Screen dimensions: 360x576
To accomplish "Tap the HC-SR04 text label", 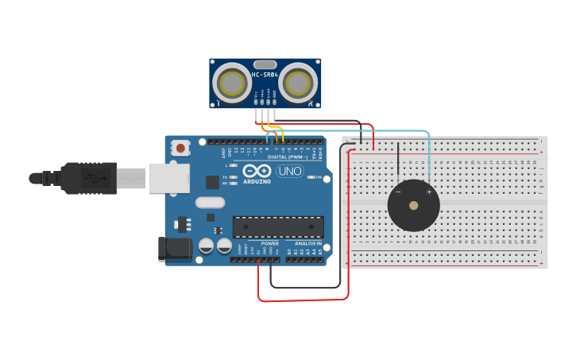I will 265,75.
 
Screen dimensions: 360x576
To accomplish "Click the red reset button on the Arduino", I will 181,147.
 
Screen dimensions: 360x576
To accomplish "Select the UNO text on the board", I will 290,171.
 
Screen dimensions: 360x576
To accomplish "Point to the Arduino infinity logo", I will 257,171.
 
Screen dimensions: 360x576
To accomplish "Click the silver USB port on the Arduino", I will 168,178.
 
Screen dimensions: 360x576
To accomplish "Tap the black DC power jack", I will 174,249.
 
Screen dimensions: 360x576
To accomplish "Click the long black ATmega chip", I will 278,226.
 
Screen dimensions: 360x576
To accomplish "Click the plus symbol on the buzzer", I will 429,192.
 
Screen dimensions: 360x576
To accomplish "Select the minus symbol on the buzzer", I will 398,192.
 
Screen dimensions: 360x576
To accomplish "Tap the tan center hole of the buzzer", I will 413,205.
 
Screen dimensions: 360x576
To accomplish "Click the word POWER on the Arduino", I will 270,243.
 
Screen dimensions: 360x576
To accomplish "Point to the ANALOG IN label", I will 308,243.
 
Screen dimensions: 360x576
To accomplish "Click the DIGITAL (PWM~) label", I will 288,157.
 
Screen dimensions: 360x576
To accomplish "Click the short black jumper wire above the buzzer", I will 398,163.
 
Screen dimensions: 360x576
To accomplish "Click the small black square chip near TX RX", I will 212,182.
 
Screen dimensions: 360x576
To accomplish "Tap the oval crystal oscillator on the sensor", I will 265,64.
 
